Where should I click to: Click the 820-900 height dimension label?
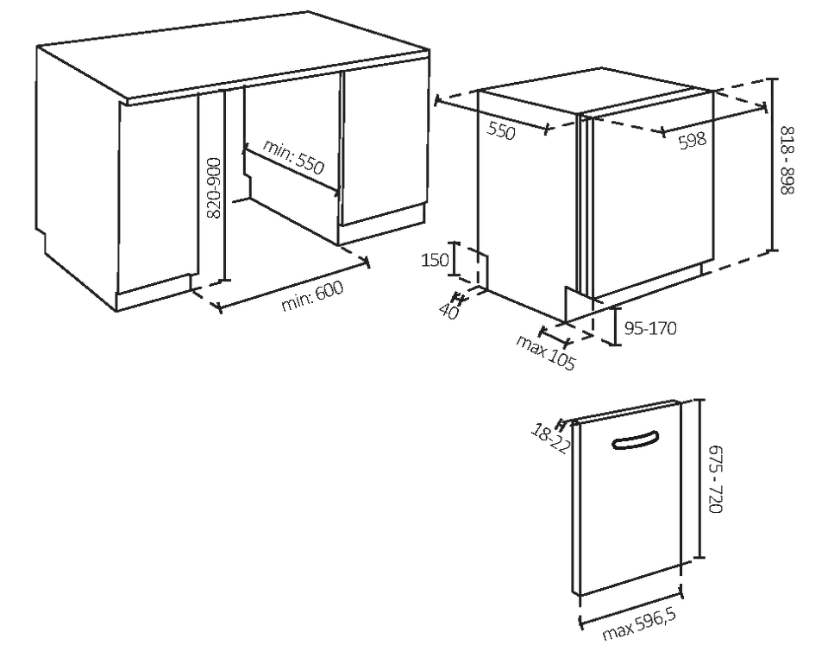click(214, 187)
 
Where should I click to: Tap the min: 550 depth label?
click(293, 156)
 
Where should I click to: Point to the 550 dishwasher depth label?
click(500, 130)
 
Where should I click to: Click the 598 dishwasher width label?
click(693, 140)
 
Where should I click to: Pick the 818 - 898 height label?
click(787, 160)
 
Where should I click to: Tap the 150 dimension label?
click(435, 260)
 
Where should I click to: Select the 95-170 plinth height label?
click(650, 328)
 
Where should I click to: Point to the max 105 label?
click(545, 352)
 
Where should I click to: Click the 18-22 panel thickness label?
click(551, 438)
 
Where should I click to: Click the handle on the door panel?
click(636, 440)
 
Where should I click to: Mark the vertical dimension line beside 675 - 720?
click(699, 478)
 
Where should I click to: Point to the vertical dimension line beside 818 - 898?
click(773, 164)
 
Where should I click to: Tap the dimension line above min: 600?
click(293, 283)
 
